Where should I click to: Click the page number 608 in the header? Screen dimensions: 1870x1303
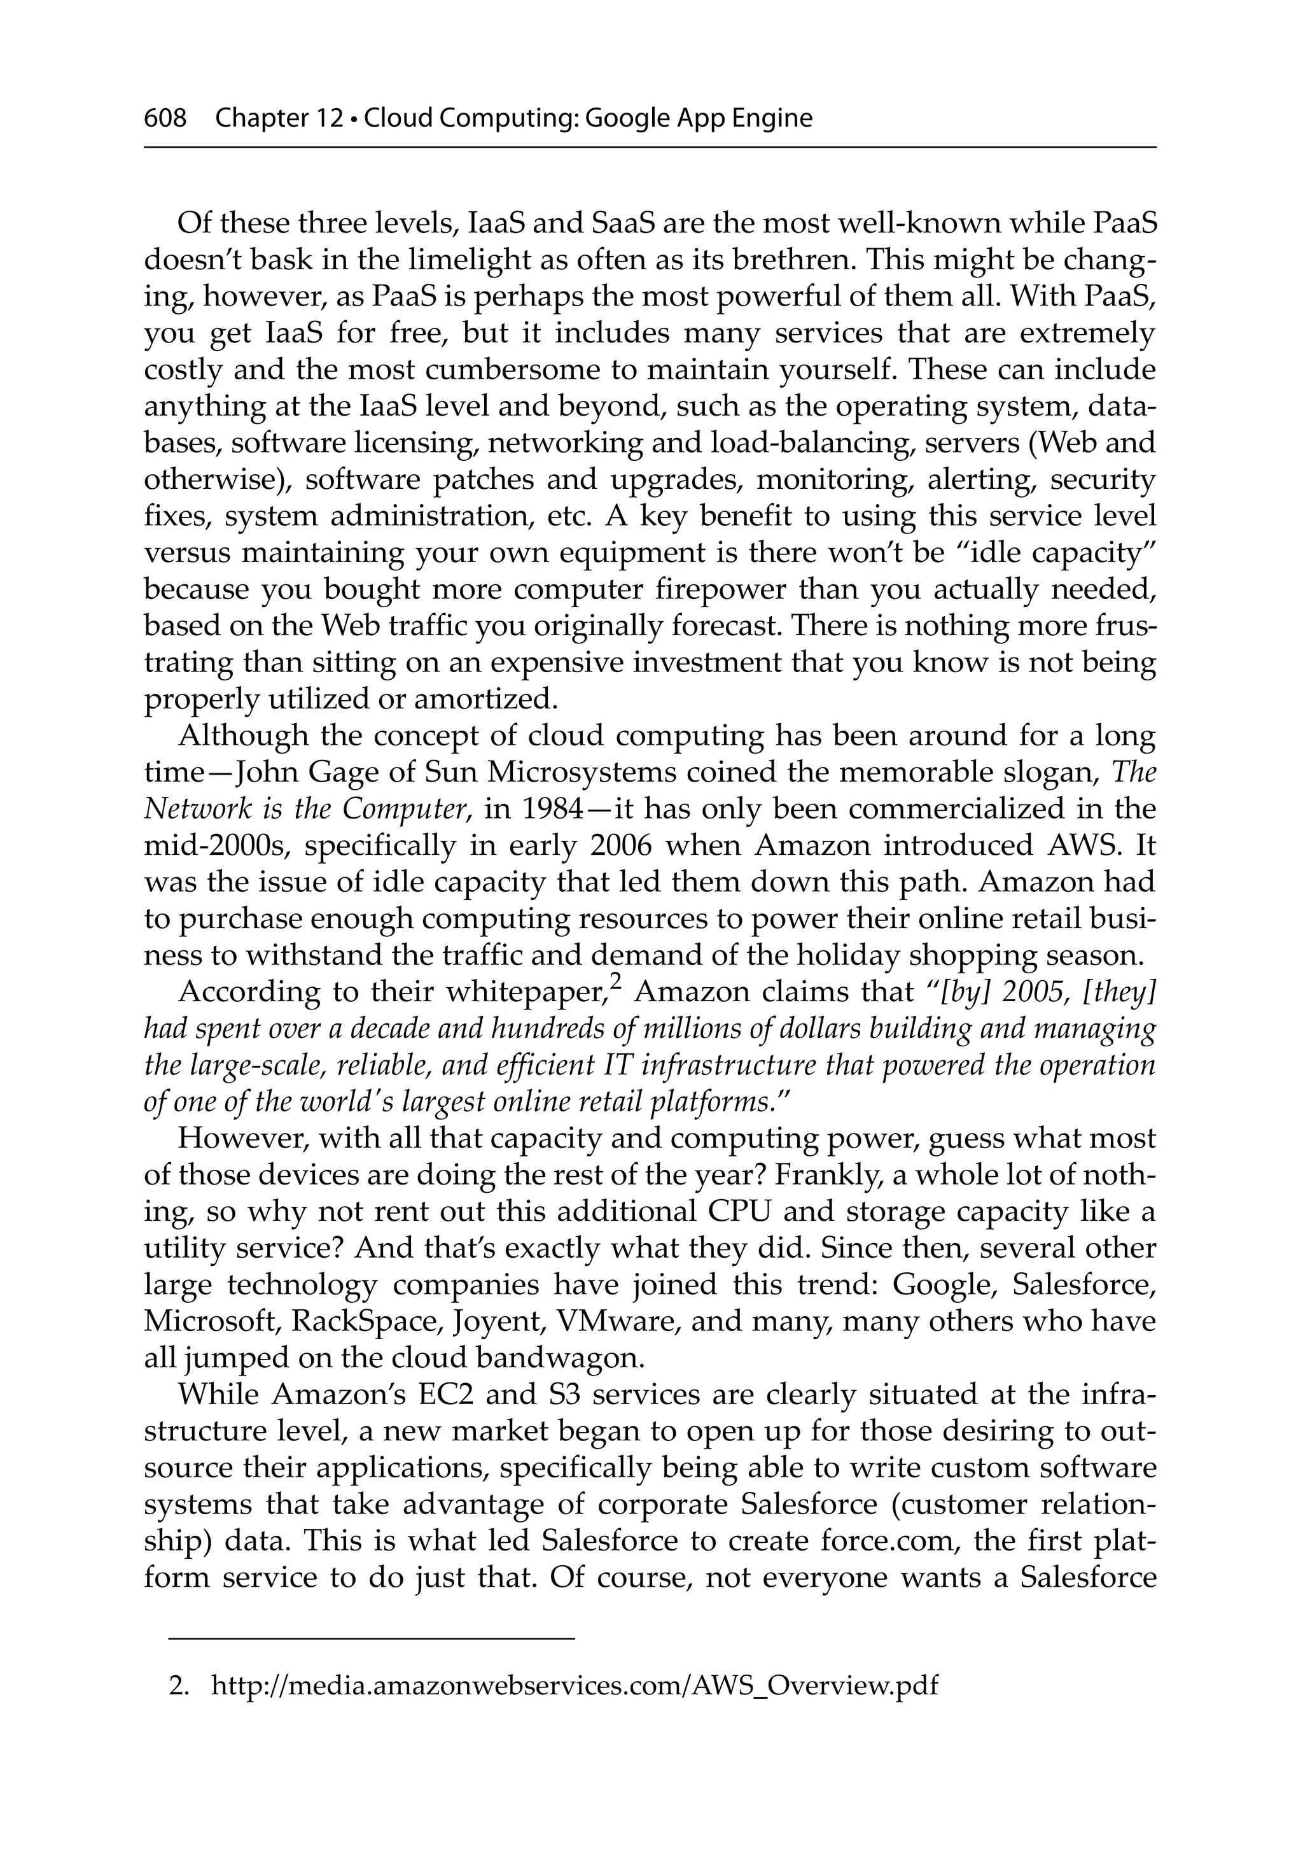click(165, 119)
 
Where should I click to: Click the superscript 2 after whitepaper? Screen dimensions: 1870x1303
click(616, 985)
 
